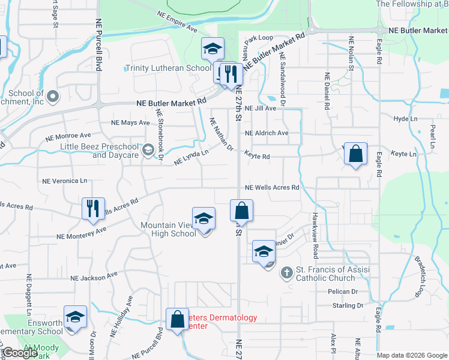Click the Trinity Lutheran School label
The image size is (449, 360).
168,68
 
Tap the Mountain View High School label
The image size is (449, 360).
168,229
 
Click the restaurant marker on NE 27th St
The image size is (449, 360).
231,74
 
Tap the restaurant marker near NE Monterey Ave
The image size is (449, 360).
93,208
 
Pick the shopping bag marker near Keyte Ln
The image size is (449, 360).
356,154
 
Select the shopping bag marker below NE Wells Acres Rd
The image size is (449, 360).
241,211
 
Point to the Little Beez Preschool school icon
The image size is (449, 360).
148,150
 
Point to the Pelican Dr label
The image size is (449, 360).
343,292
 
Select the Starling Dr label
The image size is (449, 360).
348,305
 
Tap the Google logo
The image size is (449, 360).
20,353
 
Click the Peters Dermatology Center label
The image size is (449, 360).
216,322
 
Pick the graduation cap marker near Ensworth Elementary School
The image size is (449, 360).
76,317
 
